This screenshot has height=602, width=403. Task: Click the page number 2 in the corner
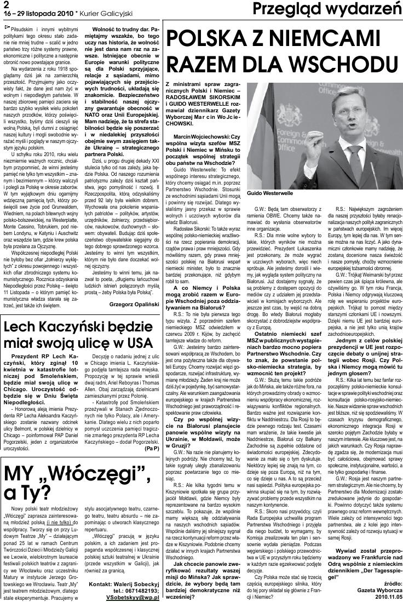click(x=6, y=4)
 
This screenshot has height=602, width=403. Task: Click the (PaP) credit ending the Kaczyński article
click(x=152, y=448)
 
